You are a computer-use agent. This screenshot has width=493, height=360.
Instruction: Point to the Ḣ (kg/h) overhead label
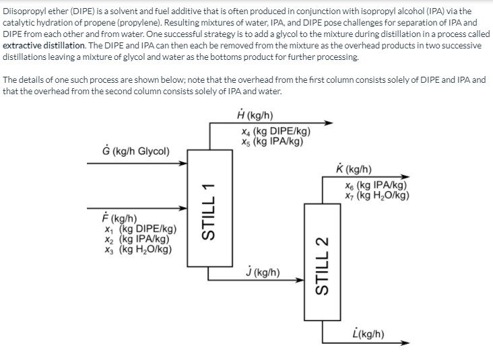tap(255, 116)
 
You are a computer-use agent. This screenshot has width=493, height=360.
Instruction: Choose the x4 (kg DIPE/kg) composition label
tap(275, 132)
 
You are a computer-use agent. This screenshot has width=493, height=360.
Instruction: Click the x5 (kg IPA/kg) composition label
tap(271, 142)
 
